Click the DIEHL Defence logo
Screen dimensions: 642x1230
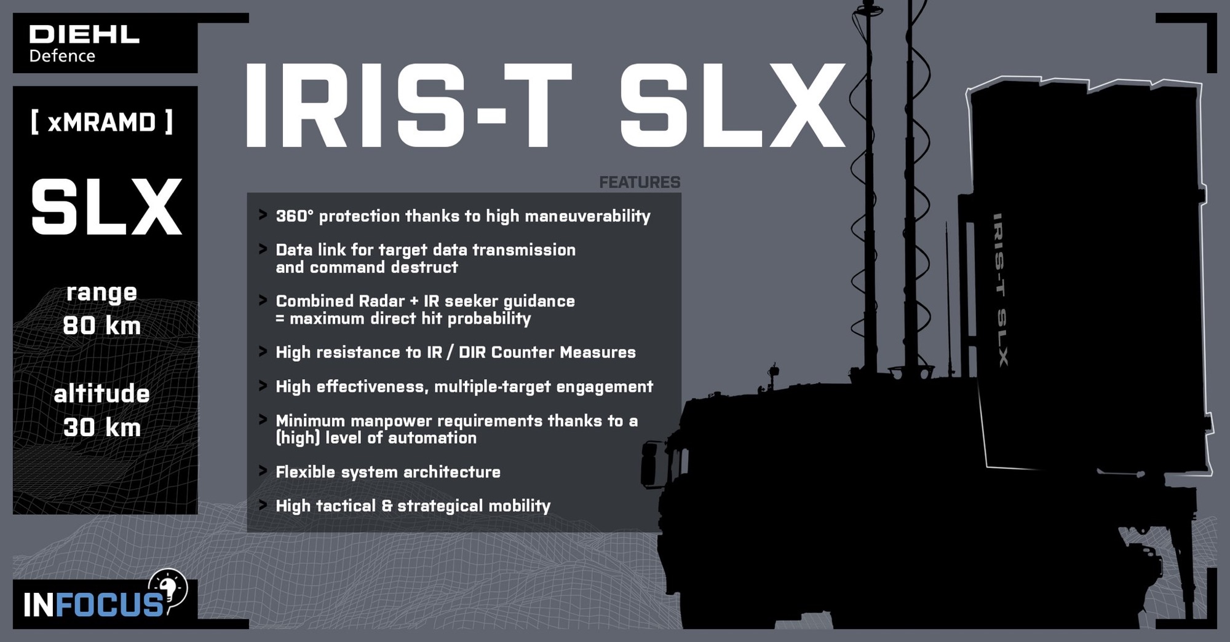point(84,44)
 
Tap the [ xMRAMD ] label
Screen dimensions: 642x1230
point(102,122)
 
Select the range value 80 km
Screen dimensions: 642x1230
point(102,326)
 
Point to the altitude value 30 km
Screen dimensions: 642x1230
point(102,428)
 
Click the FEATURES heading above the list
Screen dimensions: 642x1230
point(640,182)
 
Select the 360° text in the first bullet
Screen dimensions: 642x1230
point(294,216)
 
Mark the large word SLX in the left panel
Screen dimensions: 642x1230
point(106,208)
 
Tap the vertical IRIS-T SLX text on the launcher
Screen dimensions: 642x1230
point(1001,289)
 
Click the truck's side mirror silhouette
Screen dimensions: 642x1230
point(649,464)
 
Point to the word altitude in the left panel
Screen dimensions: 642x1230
point(102,394)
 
